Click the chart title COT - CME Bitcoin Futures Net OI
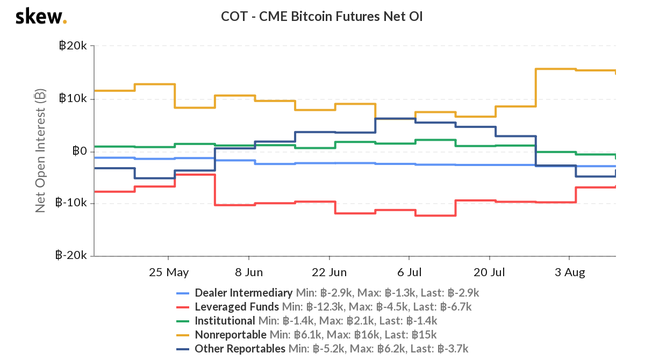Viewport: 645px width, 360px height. (x=322, y=17)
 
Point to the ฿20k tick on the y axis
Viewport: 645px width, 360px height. (x=73, y=46)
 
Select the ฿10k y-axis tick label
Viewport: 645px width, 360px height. (x=73, y=99)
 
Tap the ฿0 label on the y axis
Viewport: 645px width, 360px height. (x=80, y=151)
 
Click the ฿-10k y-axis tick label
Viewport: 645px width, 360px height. (x=71, y=203)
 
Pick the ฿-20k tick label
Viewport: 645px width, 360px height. (x=71, y=256)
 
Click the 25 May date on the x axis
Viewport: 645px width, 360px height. (x=169, y=272)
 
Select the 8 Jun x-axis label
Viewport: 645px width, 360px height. (x=249, y=272)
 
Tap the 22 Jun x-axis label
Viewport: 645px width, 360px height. (x=329, y=272)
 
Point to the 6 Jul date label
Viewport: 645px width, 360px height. (x=410, y=272)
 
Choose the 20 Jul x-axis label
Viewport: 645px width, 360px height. (x=490, y=272)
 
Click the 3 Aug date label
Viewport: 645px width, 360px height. (x=570, y=272)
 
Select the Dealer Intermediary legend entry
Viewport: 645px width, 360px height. (x=243, y=293)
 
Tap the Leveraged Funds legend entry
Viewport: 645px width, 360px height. (x=236, y=307)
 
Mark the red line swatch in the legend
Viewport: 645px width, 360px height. (x=183, y=307)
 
